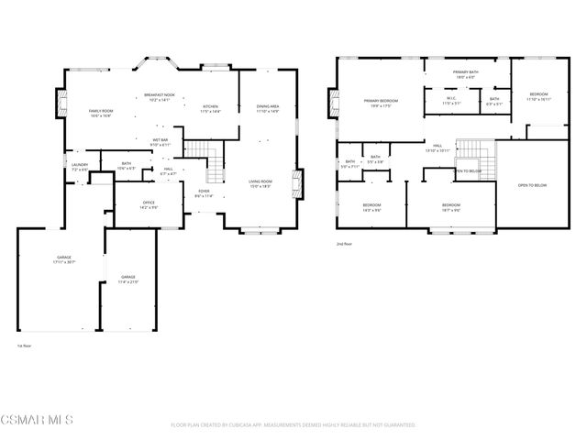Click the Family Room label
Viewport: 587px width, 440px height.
coord(100,114)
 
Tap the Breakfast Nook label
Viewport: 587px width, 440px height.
coord(158,97)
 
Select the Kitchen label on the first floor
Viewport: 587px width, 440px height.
coord(211,108)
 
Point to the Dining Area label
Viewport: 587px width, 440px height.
coord(268,109)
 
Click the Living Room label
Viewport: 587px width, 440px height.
coord(261,183)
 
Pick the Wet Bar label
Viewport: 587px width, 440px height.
coord(160,142)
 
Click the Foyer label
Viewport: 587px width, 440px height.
coord(205,193)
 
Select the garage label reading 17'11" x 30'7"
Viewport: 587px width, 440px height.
coord(63,260)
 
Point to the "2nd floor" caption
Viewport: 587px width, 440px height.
coord(345,244)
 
